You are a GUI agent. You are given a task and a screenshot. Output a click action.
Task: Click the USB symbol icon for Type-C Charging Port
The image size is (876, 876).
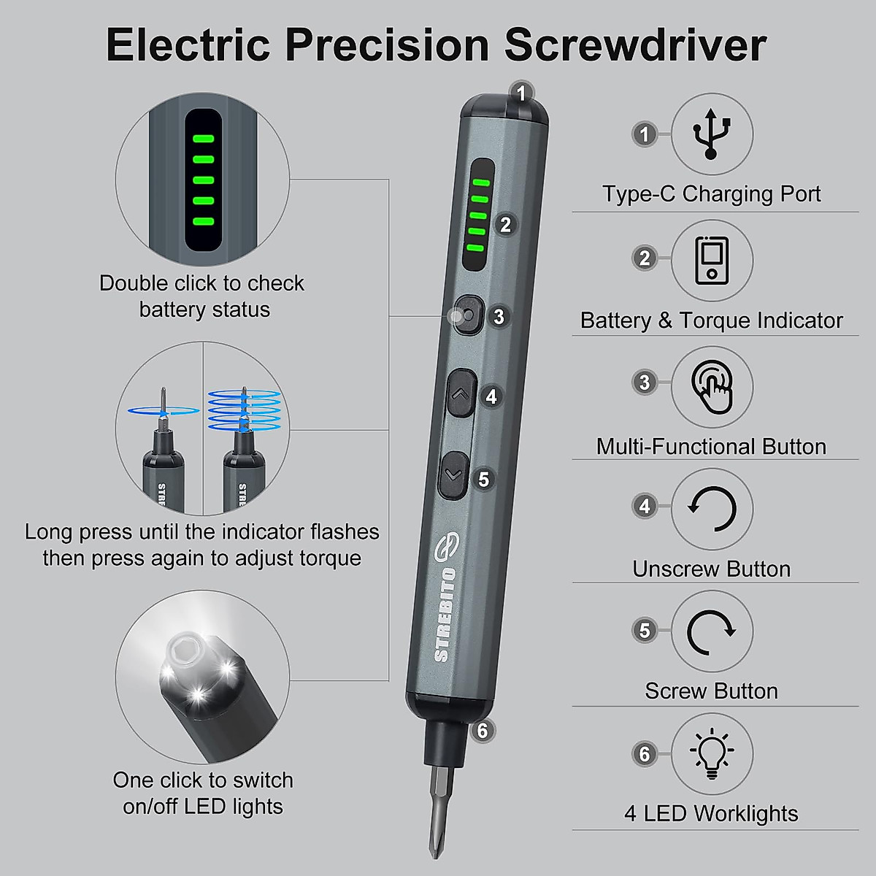711,134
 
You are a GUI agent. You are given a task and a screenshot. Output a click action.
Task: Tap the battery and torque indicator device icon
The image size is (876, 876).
711,260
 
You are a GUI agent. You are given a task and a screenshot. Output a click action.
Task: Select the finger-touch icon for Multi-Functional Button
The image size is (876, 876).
711,386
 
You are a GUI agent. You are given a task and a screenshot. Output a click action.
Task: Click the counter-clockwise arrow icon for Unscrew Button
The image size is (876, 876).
711,509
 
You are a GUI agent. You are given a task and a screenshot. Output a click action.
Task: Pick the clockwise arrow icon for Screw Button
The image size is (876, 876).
711,631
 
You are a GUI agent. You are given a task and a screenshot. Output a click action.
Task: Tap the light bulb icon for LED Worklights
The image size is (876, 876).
711,753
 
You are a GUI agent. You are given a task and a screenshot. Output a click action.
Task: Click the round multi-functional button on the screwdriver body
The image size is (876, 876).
467,315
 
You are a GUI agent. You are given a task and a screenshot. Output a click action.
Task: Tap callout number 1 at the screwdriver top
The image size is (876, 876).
521,93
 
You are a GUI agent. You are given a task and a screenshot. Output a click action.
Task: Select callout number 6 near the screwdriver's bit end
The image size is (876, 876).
483,730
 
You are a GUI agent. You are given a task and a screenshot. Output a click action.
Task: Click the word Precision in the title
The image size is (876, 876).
387,45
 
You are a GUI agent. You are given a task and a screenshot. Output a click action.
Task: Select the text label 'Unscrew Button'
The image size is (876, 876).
711,569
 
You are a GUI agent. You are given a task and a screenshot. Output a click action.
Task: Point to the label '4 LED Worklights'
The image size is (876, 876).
711,813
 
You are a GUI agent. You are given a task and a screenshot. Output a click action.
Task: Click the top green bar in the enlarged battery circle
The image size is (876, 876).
202,138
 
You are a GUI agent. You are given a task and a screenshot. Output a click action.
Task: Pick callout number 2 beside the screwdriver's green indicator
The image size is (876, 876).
505,225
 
